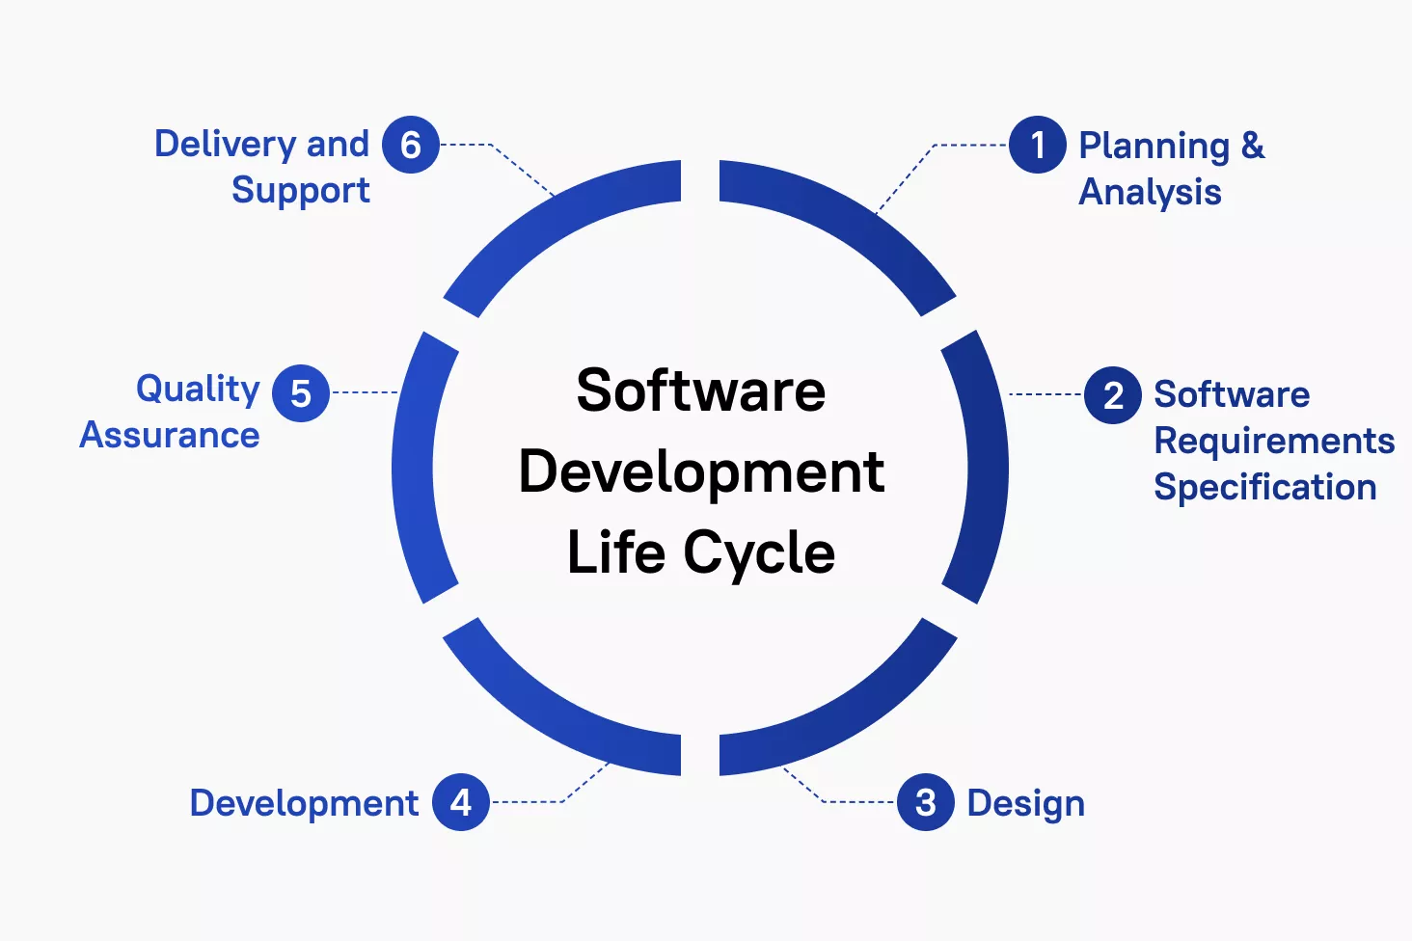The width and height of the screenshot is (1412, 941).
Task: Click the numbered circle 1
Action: click(1037, 145)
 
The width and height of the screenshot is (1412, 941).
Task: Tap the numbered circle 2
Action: click(1113, 395)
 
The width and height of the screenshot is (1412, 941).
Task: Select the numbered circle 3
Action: click(925, 802)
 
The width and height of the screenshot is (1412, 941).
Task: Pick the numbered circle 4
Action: click(461, 802)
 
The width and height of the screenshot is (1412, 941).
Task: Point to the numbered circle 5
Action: click(301, 393)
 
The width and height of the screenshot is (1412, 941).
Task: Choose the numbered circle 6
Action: click(410, 145)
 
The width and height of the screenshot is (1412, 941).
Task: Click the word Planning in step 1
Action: click(1154, 148)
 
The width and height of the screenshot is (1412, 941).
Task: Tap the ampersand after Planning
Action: click(1253, 145)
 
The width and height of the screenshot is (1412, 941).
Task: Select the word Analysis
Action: click(1150, 192)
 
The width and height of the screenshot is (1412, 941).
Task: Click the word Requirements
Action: click(1274, 442)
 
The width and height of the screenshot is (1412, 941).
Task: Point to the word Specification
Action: click(1265, 487)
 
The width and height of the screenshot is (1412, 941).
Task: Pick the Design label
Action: click(1025, 804)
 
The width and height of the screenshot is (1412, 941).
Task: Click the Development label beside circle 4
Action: click(304, 804)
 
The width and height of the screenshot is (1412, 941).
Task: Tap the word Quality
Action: click(198, 390)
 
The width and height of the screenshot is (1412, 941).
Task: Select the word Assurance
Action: click(170, 436)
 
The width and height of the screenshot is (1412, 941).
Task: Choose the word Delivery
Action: click(226, 145)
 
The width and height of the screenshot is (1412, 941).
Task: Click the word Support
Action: click(301, 191)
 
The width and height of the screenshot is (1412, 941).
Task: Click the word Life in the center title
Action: click(616, 551)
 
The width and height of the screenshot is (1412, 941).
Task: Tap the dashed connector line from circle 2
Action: click(1045, 394)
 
